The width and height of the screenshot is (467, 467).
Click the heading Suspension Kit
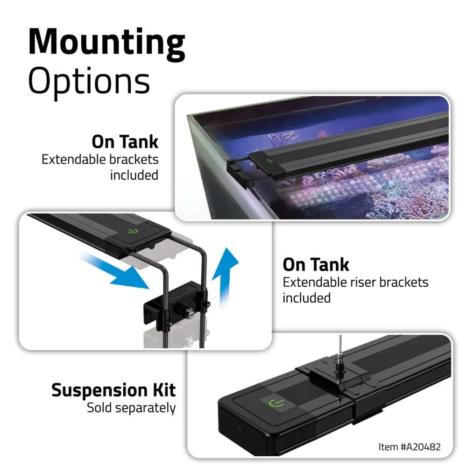[113, 389]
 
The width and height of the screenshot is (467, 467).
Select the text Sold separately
[131, 408]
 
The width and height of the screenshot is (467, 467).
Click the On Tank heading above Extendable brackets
[125, 142]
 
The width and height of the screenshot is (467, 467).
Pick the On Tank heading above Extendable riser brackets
[316, 265]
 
